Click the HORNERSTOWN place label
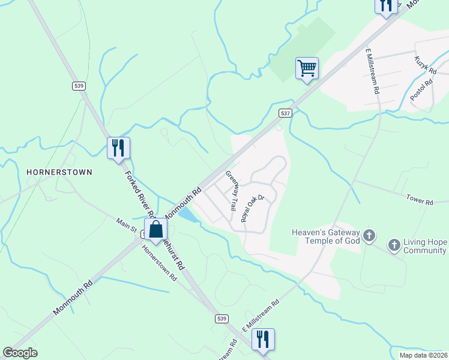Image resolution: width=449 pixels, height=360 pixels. tap(59, 172)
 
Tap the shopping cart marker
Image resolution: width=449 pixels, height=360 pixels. tap(307, 68)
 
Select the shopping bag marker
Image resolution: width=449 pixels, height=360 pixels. tap(155, 230)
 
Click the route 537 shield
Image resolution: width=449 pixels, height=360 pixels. tap(285, 113)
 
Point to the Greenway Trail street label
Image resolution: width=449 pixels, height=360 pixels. tap(232, 190)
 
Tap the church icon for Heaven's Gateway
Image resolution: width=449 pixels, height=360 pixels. tap(369, 236)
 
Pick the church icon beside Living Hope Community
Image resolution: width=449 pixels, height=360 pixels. tap(394, 245)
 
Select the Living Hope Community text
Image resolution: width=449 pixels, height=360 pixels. tap(426, 246)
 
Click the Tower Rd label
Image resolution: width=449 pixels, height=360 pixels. tap(419, 200)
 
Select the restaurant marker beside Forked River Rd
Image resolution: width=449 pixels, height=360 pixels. tap(118, 148)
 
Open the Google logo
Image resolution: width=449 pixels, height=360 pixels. tap(20, 353)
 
